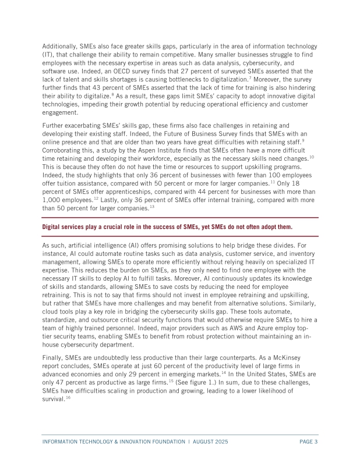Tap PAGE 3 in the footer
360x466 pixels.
[308, 442]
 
